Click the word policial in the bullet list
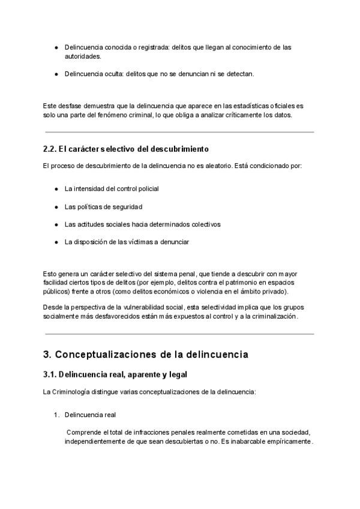146,188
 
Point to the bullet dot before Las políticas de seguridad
56,206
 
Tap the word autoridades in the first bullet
83,56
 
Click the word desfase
69,106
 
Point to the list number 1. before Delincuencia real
57,415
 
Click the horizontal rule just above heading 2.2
179,132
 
